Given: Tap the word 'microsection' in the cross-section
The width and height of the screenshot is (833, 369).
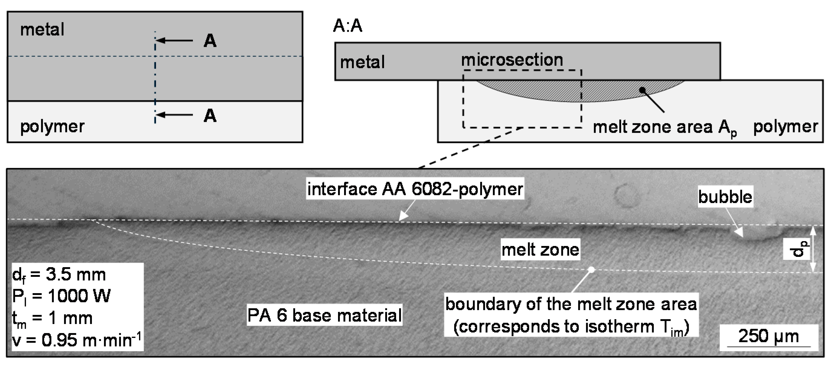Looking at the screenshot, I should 512,60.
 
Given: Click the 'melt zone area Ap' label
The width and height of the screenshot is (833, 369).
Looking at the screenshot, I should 664,127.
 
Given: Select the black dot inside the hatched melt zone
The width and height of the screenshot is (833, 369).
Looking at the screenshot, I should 643,90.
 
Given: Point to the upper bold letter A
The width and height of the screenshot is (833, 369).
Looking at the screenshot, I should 210,41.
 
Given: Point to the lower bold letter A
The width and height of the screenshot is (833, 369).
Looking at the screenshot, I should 210,115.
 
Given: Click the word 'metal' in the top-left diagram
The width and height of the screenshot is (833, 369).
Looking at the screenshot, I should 42,30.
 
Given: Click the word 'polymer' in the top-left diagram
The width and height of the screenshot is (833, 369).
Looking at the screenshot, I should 52,126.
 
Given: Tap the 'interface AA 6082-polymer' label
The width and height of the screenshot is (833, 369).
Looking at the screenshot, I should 415,189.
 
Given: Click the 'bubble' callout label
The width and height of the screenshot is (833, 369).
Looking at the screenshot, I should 725,197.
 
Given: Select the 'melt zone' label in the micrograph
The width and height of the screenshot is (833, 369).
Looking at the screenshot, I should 540,249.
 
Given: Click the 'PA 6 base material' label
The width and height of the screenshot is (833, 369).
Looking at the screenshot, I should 324,315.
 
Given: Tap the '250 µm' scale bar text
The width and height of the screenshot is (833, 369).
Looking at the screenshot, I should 768,336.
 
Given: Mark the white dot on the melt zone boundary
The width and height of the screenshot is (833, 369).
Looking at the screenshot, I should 591,270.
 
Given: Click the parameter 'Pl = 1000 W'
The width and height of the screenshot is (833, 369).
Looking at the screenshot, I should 61,296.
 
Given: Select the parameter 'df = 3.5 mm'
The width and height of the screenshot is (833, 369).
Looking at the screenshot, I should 59,275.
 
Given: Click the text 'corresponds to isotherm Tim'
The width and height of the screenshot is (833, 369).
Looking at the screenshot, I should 571,327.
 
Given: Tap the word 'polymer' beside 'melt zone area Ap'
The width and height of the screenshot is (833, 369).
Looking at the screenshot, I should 785,127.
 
